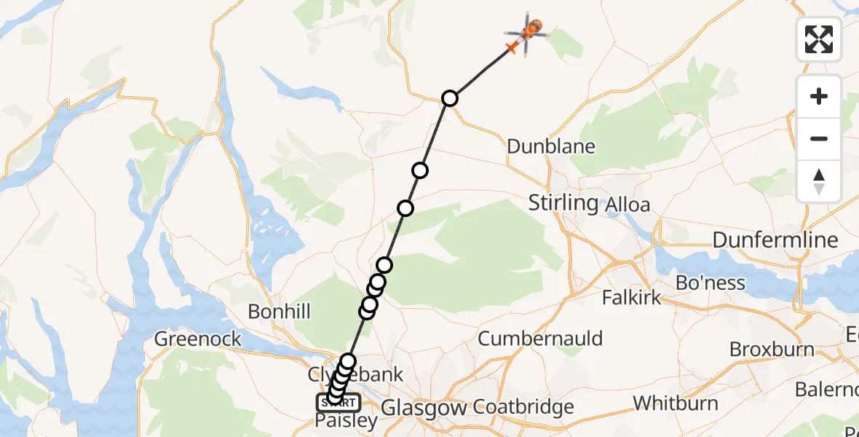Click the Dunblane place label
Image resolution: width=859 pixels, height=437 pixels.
click(550, 146)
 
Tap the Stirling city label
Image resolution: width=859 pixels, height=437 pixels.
click(563, 202)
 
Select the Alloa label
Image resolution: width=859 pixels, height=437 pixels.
click(628, 205)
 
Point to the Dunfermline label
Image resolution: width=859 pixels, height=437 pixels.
click(775, 240)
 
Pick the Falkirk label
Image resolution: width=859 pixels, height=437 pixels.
click(632, 296)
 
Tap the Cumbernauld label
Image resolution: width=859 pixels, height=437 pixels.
click(540, 338)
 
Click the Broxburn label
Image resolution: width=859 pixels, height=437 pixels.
click(772, 349)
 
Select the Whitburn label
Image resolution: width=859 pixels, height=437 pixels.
click(676, 403)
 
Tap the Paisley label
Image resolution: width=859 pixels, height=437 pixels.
click(347, 421)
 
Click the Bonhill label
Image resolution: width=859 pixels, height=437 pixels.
click(279, 312)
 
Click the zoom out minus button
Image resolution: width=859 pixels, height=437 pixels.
click(819, 138)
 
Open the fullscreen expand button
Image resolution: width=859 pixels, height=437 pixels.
click(819, 39)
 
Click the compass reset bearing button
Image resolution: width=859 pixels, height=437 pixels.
click(819, 181)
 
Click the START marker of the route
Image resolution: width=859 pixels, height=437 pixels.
click(338, 402)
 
